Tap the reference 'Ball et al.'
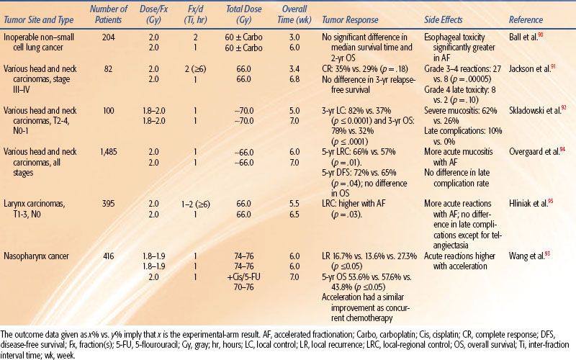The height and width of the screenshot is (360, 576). click(521, 33)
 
